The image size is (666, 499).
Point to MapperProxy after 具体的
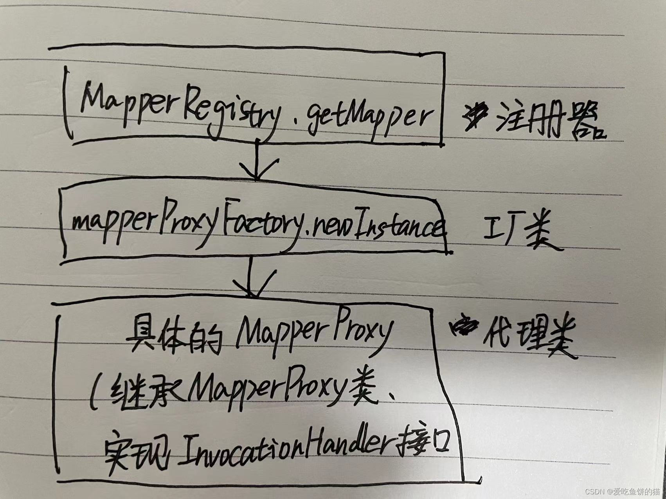click(313, 332)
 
